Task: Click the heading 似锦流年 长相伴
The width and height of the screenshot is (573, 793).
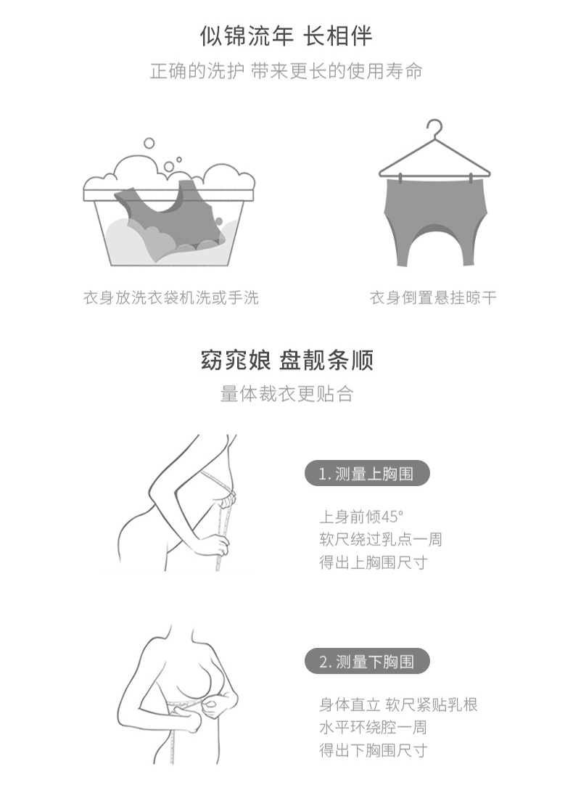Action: point(286,36)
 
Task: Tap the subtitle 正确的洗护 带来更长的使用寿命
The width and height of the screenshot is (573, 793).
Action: point(286,71)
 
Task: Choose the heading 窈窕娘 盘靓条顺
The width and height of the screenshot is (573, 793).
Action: point(286,361)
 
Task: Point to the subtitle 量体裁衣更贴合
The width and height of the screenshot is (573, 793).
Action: point(286,394)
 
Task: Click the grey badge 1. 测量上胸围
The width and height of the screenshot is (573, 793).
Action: point(367,474)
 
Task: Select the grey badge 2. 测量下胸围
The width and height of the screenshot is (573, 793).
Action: point(367,662)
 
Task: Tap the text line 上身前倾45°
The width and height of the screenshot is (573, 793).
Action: point(361,517)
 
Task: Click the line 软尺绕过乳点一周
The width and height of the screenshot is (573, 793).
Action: point(380,539)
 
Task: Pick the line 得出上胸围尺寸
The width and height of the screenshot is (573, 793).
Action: point(374,562)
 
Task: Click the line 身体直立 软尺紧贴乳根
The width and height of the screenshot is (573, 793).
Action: point(398,704)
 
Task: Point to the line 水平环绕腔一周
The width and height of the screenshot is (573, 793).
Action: point(373,727)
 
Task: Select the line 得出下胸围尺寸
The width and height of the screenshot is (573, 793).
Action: point(374,750)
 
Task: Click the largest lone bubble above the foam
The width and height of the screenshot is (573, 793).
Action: point(149,143)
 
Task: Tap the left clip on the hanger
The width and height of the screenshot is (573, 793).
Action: point(400,178)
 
